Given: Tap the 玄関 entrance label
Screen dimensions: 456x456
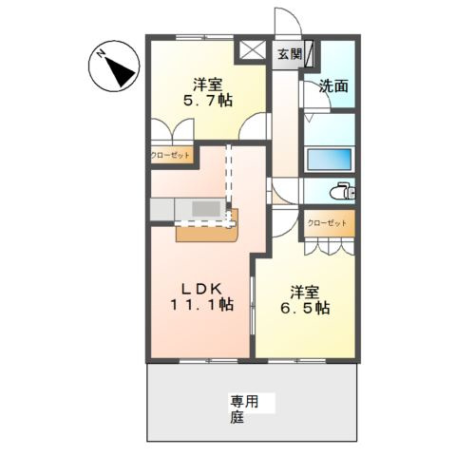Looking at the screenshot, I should [x=289, y=54].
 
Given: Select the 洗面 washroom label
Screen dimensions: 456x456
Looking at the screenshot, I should [x=333, y=85].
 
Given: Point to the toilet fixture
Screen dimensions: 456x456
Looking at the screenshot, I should [x=341, y=191].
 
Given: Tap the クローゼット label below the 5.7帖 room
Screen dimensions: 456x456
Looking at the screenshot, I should [x=169, y=155].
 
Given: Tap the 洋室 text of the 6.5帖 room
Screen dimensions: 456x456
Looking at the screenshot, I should [x=307, y=289].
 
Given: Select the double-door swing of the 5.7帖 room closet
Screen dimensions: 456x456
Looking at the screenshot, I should [x=171, y=129].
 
